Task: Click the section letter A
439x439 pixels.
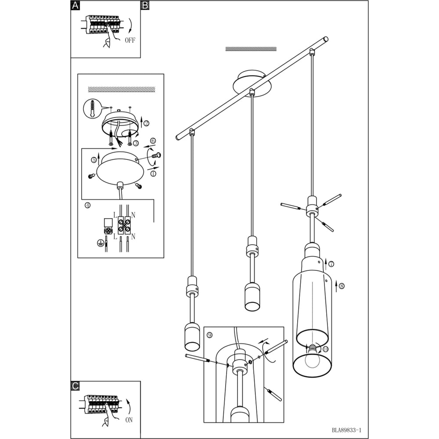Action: click(76, 5)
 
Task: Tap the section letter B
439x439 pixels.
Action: click(145, 5)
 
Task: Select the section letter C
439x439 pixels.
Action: click(76, 386)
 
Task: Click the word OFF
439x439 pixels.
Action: click(130, 40)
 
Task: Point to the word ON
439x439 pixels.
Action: click(129, 420)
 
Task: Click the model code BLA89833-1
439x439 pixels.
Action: click(347, 430)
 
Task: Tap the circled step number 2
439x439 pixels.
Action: click(147, 123)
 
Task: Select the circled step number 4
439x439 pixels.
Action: click(88, 205)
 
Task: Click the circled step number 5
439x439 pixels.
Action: click(94, 160)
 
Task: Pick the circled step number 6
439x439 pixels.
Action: click(153, 140)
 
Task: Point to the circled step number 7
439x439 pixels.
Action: click(331, 264)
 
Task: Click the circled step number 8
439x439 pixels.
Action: click(341, 286)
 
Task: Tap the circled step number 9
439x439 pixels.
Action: click(210, 335)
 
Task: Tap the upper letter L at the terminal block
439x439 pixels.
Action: click(115, 215)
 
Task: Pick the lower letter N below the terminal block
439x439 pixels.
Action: click(133, 237)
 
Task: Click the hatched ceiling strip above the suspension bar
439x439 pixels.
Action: click(251, 49)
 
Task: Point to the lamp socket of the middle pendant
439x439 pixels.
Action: click(252, 296)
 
